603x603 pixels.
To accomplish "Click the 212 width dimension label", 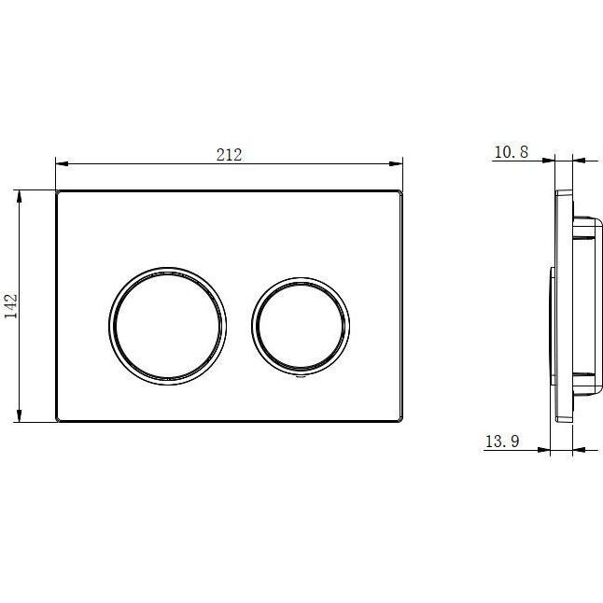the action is pyautogui.click(x=230, y=155).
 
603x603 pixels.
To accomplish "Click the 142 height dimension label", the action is pyautogui.click(x=11, y=306).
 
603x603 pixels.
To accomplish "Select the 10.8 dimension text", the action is pyautogui.click(x=512, y=152).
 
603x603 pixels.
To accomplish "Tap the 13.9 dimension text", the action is pyautogui.click(x=502, y=442).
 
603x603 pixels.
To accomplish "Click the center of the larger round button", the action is pyautogui.click(x=168, y=326).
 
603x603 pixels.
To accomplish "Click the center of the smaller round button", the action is pyautogui.click(x=301, y=326).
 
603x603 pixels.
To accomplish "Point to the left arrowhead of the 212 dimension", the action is pyautogui.click(x=62, y=164).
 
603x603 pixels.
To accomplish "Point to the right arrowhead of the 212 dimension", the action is pyautogui.click(x=396, y=164).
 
